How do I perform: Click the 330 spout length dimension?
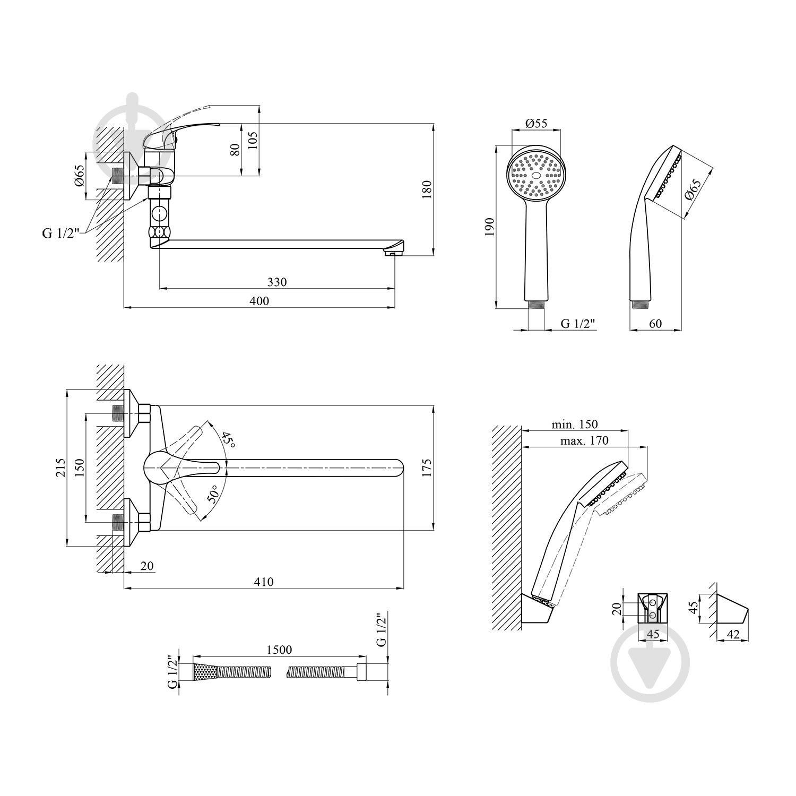click(276, 282)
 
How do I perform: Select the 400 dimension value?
click(259, 301)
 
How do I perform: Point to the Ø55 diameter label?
click(537, 123)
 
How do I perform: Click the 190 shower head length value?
click(489, 227)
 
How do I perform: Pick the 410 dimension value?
click(264, 582)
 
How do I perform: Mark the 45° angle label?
click(227, 438)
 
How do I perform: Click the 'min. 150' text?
click(575, 424)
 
